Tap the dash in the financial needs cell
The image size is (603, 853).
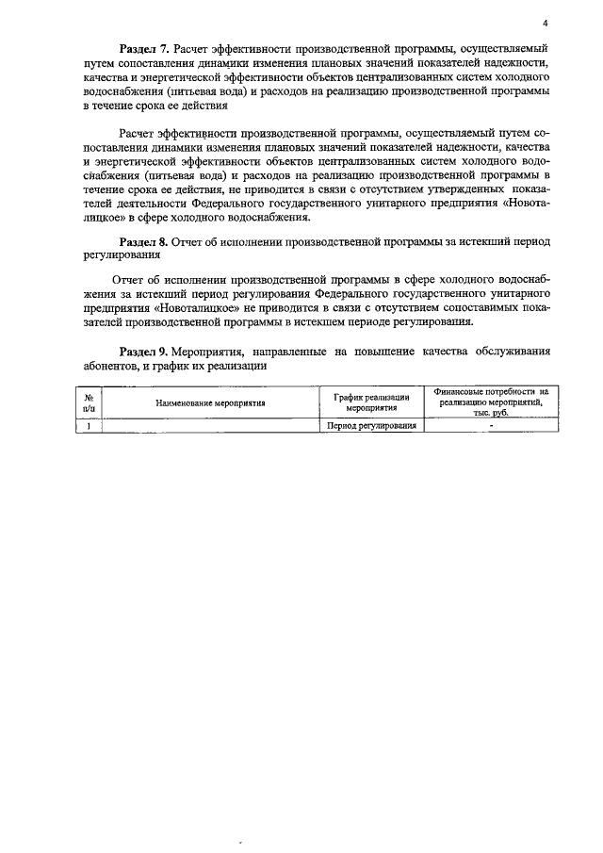[491, 426]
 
